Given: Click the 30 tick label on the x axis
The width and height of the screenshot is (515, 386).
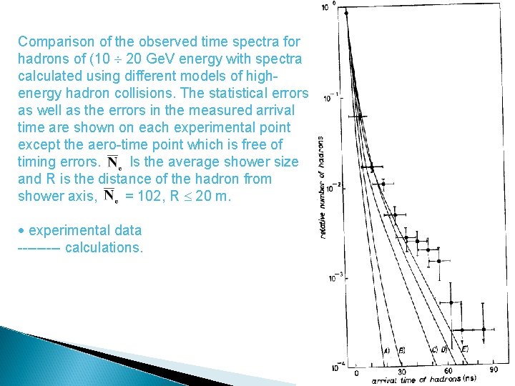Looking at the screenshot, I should pos(402,372).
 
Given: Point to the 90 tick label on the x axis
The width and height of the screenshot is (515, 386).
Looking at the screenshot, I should pos(494,370).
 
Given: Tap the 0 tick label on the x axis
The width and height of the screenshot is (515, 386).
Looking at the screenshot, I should pos(356,373).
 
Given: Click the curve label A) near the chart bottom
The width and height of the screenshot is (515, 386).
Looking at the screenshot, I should pos(386,350).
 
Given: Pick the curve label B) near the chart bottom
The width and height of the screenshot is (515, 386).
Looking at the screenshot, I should pos(402,350).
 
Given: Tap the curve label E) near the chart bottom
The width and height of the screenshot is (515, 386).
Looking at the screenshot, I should pos(464,349).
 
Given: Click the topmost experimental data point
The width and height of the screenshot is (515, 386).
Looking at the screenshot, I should pos(346,13).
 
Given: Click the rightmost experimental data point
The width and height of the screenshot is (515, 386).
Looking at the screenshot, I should pos(484,329).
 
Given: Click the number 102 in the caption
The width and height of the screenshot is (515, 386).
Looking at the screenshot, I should pos(138,196).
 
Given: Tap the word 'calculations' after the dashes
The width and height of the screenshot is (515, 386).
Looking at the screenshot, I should pos(104,247).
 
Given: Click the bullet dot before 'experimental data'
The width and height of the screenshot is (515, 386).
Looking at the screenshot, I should pos(21,231).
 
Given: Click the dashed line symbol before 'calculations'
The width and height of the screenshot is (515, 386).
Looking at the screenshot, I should pos(39,248).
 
